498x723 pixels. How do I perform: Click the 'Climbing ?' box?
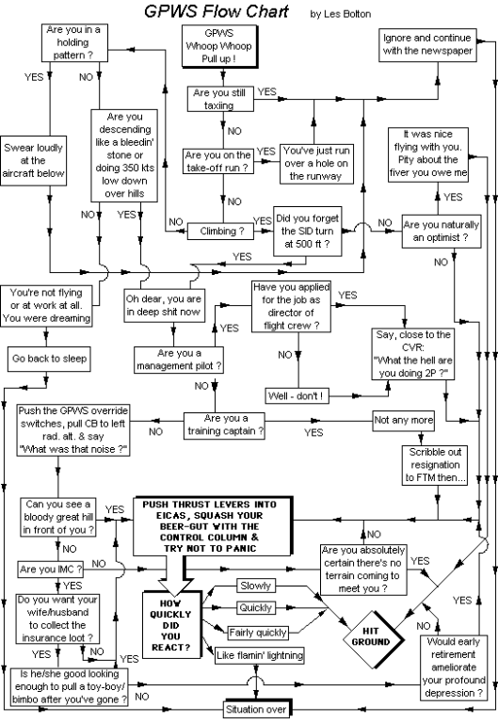click(220, 229)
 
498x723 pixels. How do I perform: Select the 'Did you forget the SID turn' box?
click(305, 229)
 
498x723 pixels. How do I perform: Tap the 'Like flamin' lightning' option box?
click(255, 654)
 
